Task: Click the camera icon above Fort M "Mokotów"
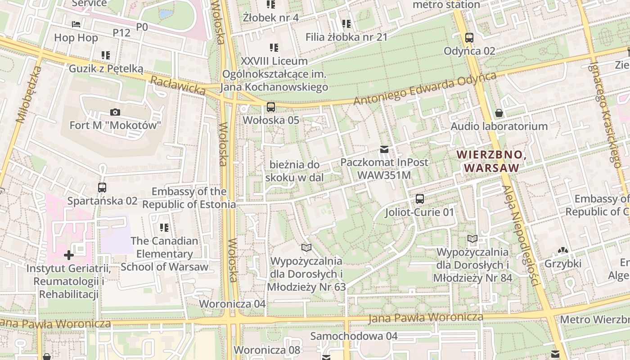[115, 112]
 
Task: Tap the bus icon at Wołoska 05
[270, 107]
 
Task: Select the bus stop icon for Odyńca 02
[469, 38]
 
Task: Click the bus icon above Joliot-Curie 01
[419, 198]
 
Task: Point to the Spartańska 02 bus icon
[102, 188]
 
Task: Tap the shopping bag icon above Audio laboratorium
[499, 113]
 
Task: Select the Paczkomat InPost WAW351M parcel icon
[384, 149]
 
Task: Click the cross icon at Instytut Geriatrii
[68, 256]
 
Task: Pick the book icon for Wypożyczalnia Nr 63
[306, 247]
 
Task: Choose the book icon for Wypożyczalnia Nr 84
[472, 238]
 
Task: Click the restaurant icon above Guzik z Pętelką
[106, 55]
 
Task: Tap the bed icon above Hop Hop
[76, 24]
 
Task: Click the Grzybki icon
[562, 250]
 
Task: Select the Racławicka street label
[178, 85]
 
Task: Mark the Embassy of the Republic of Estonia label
[189, 198]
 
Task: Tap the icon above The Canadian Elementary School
[164, 228]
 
